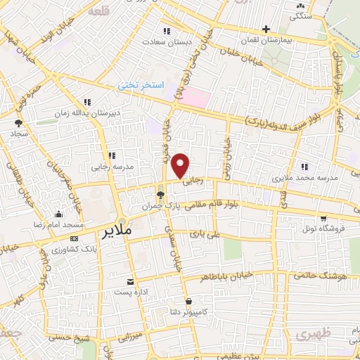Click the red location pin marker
(181, 166)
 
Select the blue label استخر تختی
(141, 85)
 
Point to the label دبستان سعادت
(167, 42)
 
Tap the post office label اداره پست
(129, 292)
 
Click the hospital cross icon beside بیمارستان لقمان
(265, 30)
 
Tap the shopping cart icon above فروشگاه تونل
(323, 218)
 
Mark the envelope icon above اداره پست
(129, 281)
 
